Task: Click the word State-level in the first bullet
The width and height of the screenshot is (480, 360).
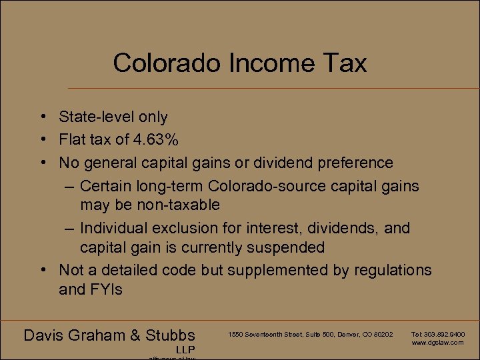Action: [x=96, y=117]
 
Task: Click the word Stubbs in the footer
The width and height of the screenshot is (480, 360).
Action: [x=169, y=335]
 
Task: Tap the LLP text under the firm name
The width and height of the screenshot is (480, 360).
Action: [x=186, y=349]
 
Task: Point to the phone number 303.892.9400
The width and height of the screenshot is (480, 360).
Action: [x=444, y=334]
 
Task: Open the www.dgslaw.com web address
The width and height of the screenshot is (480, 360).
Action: [x=437, y=342]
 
